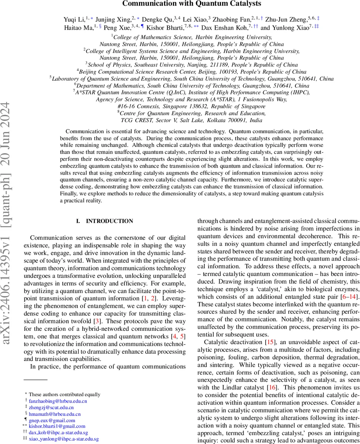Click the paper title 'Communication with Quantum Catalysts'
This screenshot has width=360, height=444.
(191, 4)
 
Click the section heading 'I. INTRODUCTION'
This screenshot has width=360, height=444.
(104, 221)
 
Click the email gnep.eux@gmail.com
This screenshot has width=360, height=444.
(52, 420)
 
